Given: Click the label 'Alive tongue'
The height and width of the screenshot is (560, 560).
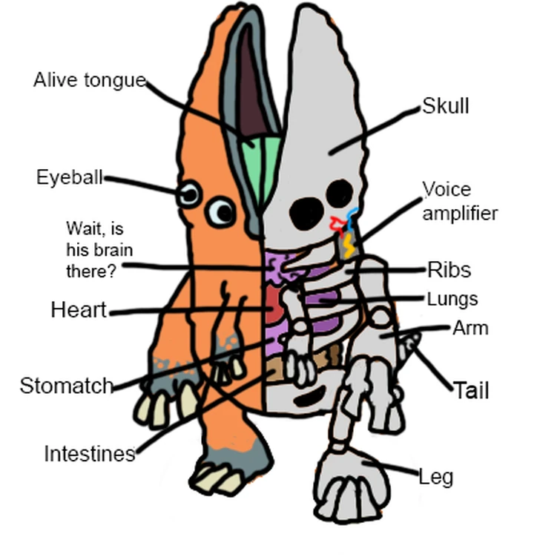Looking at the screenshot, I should click(x=89, y=80).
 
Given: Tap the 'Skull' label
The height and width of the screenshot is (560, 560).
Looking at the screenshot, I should click(x=446, y=106).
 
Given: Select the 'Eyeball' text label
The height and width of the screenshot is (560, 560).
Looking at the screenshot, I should click(x=69, y=177).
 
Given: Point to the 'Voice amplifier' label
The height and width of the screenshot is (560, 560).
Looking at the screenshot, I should click(x=459, y=201).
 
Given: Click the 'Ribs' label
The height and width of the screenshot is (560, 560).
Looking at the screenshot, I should click(x=449, y=269).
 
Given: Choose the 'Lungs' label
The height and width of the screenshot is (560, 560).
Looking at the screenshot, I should click(x=452, y=300).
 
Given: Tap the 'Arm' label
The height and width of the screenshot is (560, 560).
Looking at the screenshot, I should click(x=470, y=328).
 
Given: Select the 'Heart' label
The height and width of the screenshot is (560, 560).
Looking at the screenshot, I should click(x=79, y=310).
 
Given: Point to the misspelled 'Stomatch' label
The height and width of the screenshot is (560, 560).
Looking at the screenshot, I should click(x=66, y=386).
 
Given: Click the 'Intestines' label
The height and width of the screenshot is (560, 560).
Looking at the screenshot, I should click(x=89, y=453).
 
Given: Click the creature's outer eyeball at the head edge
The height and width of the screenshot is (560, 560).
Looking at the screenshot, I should click(x=189, y=195).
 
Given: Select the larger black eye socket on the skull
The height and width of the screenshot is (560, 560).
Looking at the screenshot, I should click(x=305, y=214).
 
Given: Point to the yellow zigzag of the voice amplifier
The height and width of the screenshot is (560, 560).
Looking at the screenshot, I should click(x=348, y=246).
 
